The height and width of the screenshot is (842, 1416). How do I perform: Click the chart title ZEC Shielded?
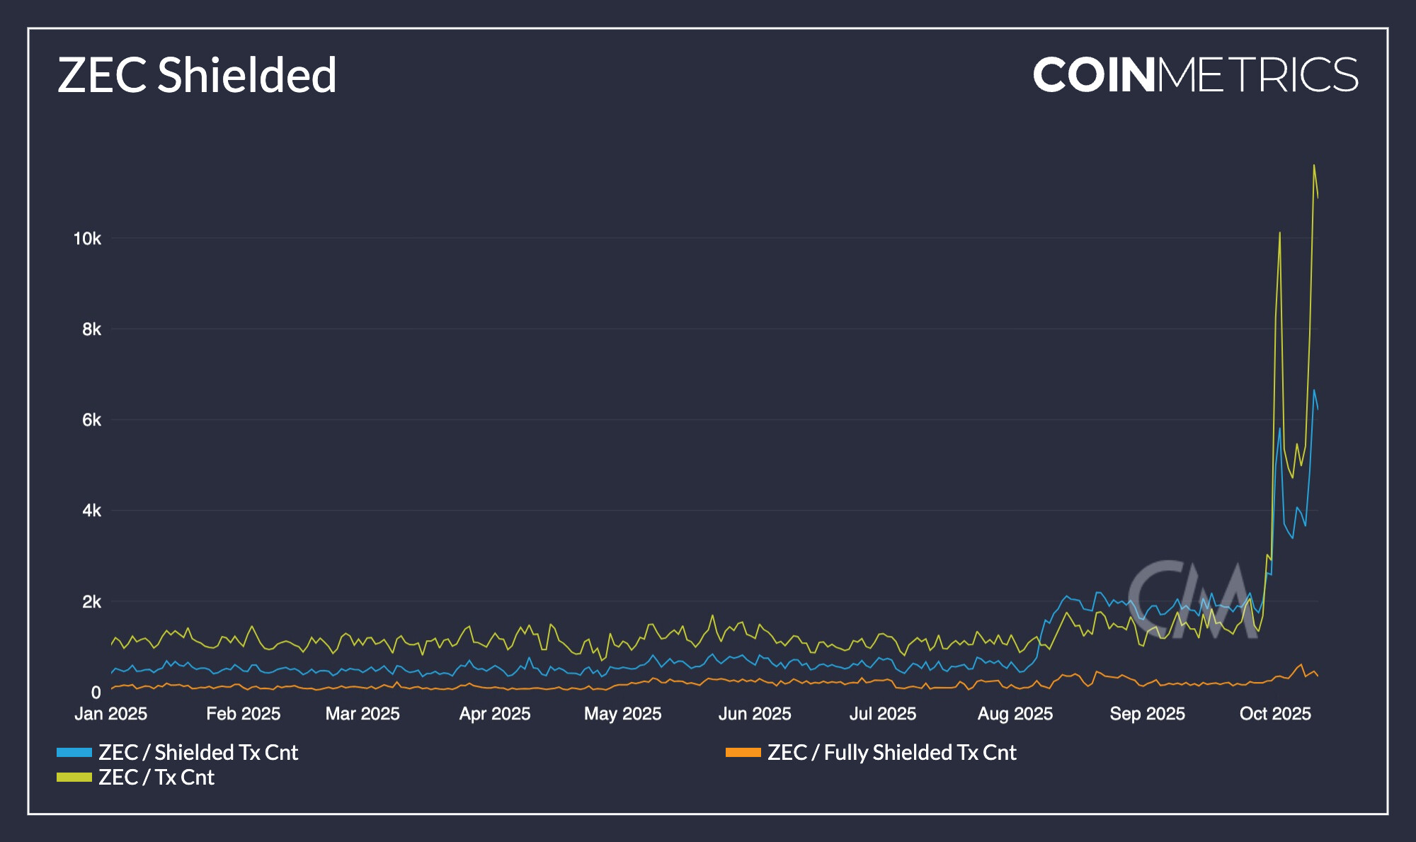(x=197, y=75)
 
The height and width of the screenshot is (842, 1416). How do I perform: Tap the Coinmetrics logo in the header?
(x=1195, y=75)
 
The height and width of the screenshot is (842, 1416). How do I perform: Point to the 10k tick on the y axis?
(x=87, y=239)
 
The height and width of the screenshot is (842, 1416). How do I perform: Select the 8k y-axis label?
(x=91, y=329)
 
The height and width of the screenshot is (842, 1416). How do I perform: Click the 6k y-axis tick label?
(x=91, y=420)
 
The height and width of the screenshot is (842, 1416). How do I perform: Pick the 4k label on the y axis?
(x=91, y=511)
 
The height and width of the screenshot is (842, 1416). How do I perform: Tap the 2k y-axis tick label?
(x=91, y=602)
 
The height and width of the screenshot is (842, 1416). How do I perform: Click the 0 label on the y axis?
(x=96, y=693)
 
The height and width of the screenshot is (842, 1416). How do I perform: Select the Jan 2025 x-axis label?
(x=111, y=714)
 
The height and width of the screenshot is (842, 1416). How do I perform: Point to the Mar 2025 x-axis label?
(x=362, y=714)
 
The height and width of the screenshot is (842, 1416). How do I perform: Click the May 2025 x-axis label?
(x=622, y=714)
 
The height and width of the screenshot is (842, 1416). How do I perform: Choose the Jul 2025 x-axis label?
(x=882, y=714)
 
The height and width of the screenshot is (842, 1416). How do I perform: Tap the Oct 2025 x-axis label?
(x=1275, y=714)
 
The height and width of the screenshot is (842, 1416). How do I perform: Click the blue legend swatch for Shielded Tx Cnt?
(x=74, y=752)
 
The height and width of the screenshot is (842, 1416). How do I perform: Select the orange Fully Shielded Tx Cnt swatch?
(x=743, y=752)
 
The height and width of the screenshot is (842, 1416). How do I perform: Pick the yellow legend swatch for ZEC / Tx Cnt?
(x=74, y=777)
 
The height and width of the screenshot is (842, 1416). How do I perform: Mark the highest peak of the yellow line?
(x=1314, y=166)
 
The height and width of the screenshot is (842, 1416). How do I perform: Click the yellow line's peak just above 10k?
(x=1279, y=233)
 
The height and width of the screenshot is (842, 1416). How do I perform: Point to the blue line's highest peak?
(x=1314, y=390)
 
